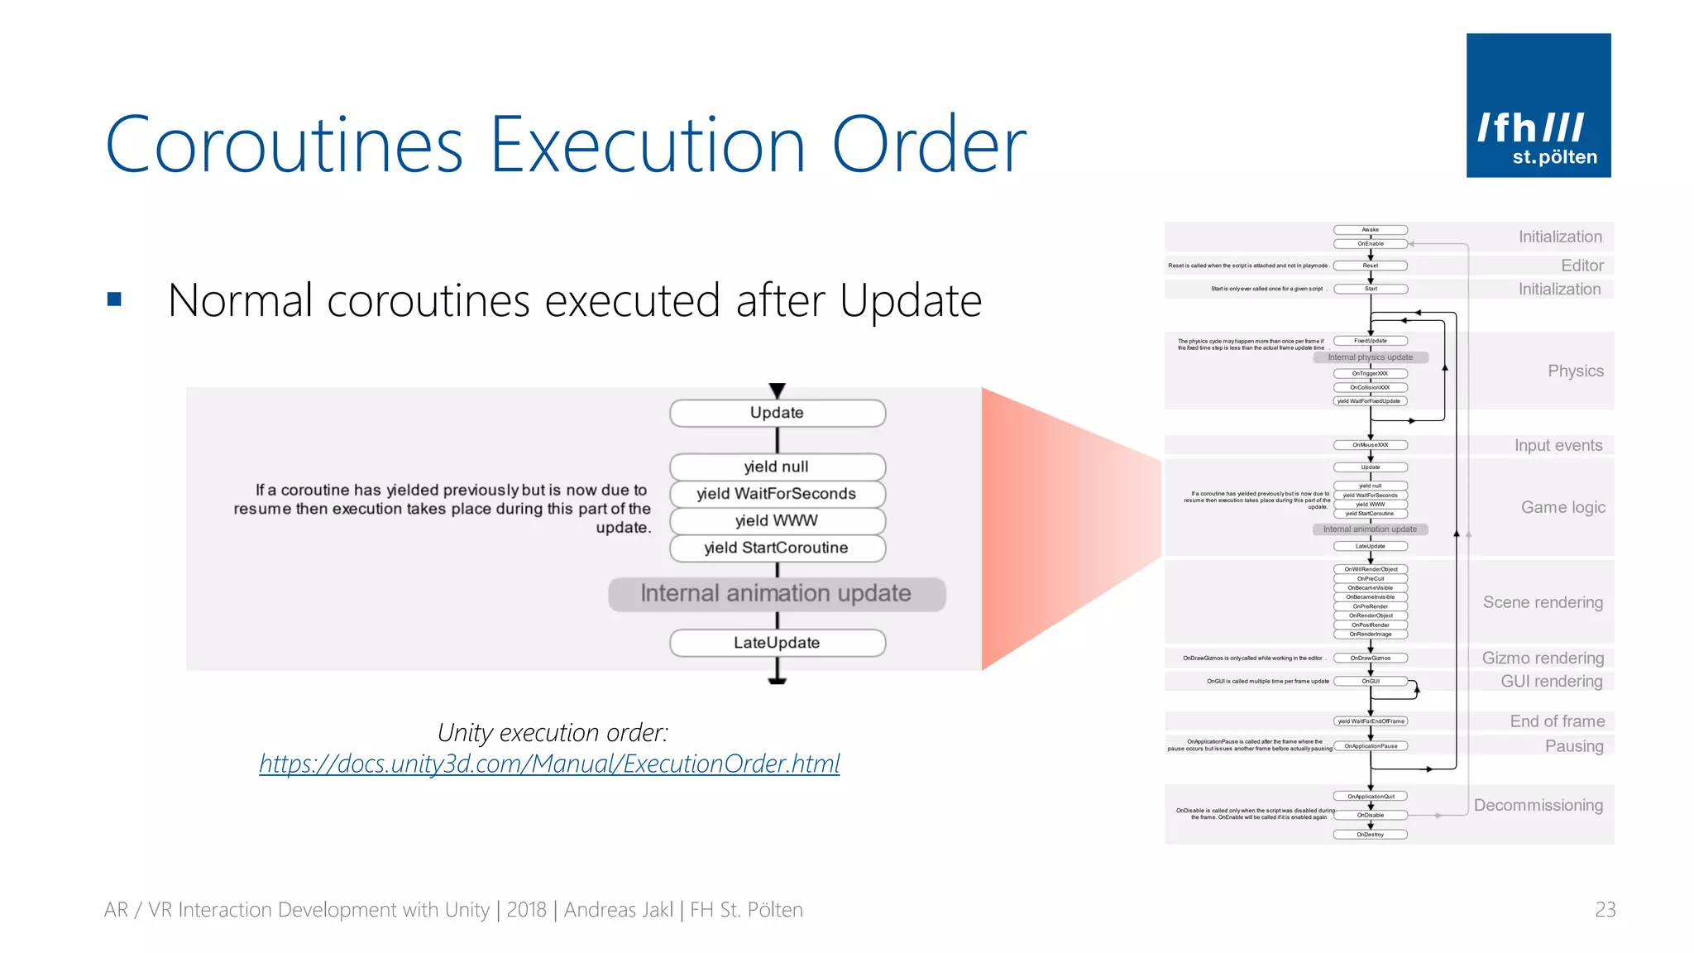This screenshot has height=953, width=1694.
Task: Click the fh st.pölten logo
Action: click(1538, 105)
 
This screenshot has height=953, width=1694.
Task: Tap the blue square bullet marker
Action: click(114, 299)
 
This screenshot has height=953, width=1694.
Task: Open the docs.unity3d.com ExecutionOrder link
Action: click(549, 763)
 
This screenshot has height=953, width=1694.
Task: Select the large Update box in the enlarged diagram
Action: click(777, 413)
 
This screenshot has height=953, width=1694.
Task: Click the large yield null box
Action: click(777, 467)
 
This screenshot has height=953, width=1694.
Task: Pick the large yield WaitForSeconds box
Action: click(777, 494)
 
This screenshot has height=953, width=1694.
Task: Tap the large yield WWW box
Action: click(777, 520)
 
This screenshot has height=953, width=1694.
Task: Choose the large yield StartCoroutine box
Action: click(777, 548)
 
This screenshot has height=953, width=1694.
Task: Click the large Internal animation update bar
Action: click(776, 593)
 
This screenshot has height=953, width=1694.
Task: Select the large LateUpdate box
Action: click(777, 643)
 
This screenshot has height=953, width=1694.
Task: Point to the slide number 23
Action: click(1605, 909)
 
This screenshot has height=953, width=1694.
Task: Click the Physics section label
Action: click(1575, 371)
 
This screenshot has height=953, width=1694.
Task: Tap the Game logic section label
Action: click(1562, 507)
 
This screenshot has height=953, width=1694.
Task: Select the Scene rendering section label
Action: click(1542, 602)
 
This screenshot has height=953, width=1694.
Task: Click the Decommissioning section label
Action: click(1538, 805)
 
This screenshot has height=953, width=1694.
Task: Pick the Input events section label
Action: click(1558, 445)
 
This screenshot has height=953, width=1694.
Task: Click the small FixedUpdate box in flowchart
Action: click(1370, 341)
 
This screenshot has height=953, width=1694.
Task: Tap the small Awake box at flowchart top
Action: click(1370, 230)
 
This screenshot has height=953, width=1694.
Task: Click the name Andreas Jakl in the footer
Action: click(618, 909)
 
